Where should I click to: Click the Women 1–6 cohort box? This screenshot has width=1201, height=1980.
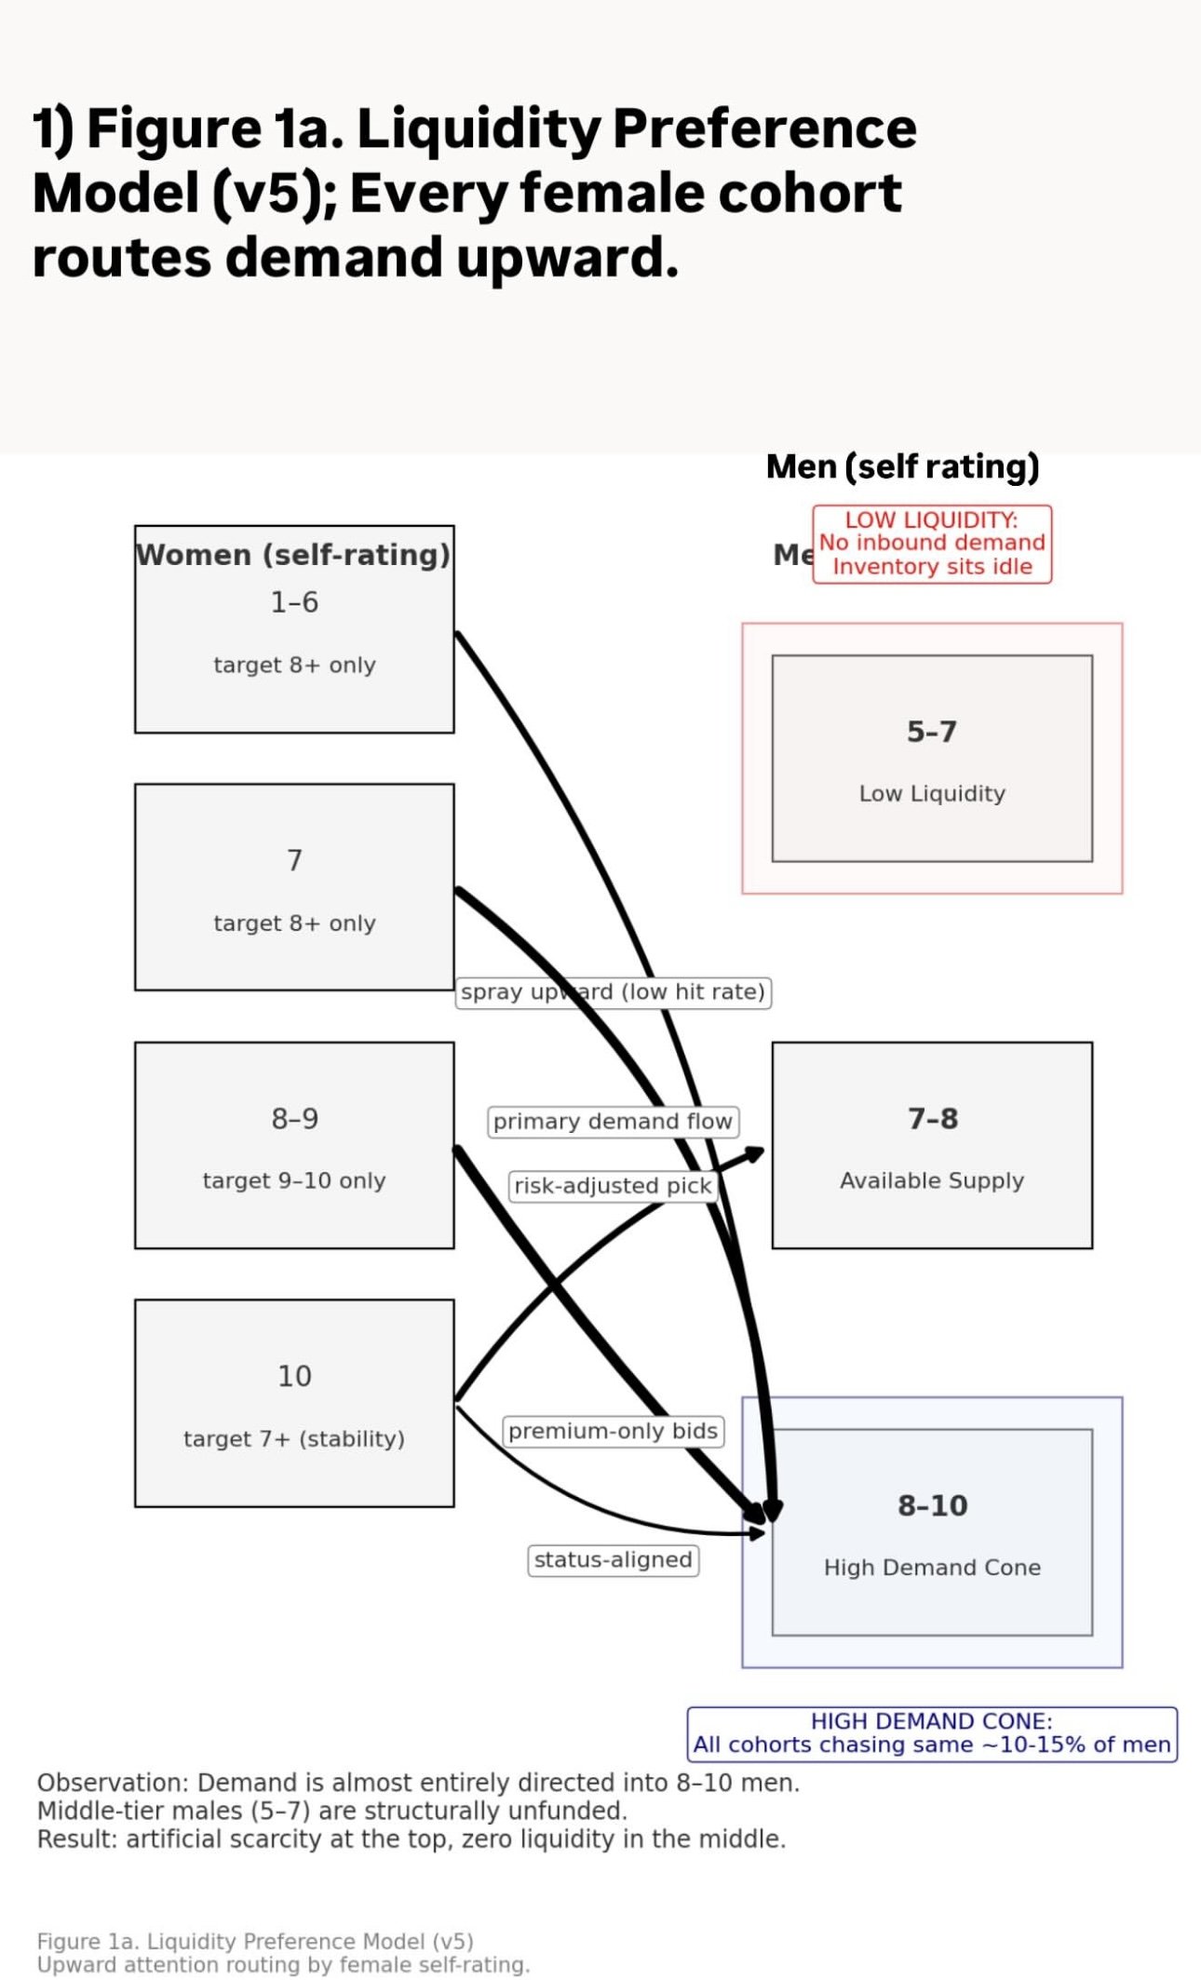point(294,642)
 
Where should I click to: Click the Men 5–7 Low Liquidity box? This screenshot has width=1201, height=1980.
point(932,759)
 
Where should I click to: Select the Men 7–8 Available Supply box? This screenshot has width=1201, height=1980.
point(932,1145)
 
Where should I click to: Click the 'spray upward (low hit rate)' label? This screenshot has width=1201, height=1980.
point(614,992)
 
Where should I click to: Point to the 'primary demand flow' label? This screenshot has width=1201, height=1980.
point(613,1122)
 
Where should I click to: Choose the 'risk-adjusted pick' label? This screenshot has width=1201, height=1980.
point(613,1186)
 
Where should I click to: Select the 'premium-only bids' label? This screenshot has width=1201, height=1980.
point(613,1431)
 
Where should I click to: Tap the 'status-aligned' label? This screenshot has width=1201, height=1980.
point(613,1560)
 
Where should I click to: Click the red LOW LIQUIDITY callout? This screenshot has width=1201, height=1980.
point(932,544)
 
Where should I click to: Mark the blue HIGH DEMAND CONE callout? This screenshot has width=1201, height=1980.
point(932,1733)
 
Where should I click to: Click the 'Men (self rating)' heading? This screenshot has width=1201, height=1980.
point(902,466)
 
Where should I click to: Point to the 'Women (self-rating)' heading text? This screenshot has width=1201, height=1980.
point(293,555)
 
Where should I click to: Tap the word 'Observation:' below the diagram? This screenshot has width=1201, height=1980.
point(112,1783)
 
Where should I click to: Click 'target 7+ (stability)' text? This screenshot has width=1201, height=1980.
point(294,1439)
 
